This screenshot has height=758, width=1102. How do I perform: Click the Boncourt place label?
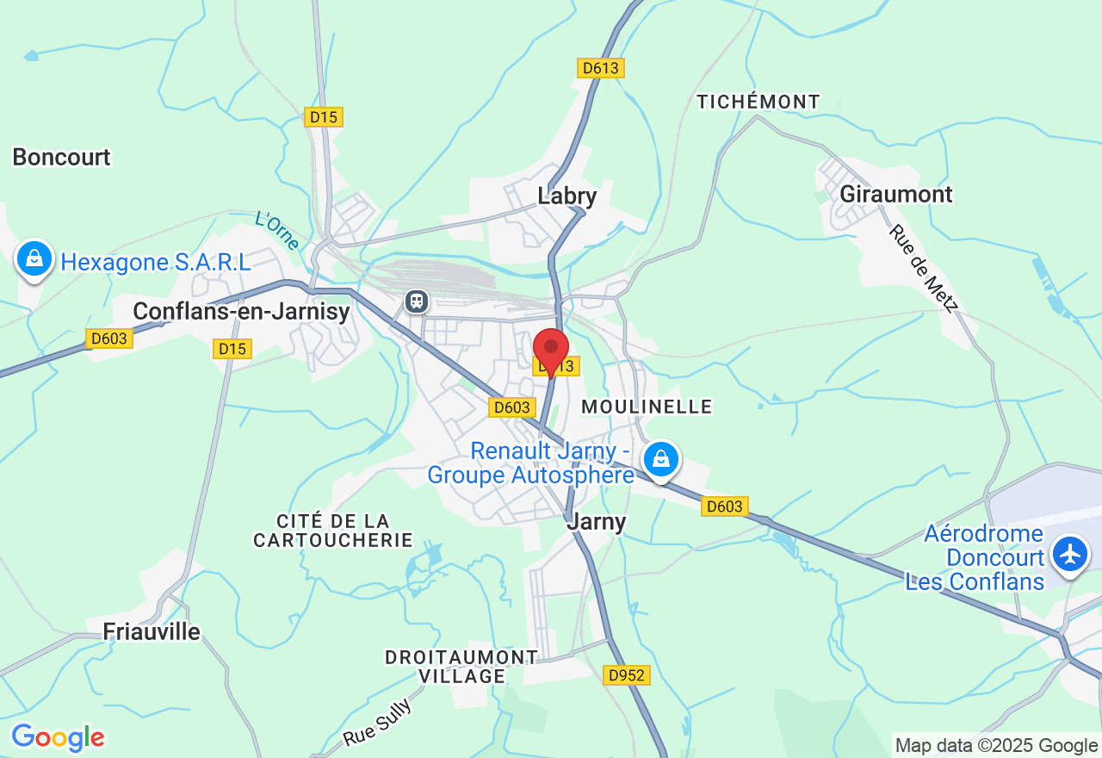click(61, 157)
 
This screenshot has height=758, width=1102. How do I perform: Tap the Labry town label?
click(566, 196)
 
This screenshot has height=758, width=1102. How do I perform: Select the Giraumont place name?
click(895, 194)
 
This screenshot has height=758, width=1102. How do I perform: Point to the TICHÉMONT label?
click(758, 102)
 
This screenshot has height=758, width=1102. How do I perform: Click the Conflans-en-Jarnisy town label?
click(241, 311)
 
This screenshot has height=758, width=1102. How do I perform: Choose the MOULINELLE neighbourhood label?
click(647, 406)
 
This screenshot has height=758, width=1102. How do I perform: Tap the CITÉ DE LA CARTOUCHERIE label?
click(333, 531)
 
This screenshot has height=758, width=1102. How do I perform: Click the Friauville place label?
click(152, 631)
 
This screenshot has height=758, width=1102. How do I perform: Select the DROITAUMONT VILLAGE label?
click(461, 667)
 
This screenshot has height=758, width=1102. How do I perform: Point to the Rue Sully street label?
click(377, 723)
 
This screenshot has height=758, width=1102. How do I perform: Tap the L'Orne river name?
click(277, 230)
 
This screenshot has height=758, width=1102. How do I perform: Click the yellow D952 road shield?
click(626, 675)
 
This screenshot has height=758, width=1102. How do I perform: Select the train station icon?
click(417, 301)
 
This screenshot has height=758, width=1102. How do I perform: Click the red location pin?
click(551, 348)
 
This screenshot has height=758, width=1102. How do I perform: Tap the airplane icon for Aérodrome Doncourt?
click(1070, 553)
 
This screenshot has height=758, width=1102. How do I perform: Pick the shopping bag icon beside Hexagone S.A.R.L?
click(34, 258)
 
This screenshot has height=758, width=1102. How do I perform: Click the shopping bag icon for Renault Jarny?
click(660, 459)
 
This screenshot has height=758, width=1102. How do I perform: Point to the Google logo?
click(58, 738)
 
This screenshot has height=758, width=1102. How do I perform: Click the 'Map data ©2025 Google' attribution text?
click(996, 746)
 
